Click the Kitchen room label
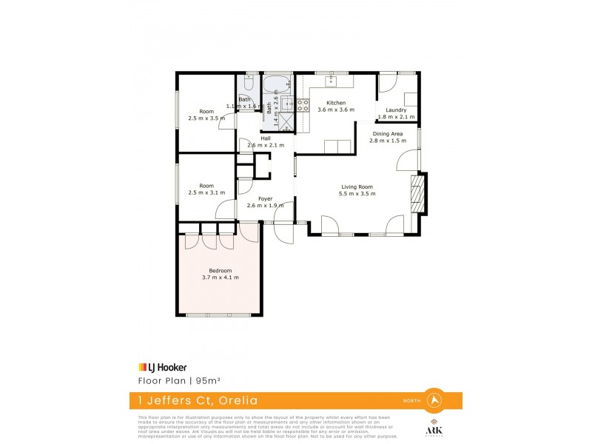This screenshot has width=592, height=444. [x=336, y=102]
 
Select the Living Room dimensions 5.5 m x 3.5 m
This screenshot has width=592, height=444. [x=357, y=194]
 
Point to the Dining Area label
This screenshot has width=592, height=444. [x=387, y=133]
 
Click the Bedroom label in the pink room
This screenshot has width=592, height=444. [x=220, y=270]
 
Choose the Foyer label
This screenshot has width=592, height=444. [x=265, y=198]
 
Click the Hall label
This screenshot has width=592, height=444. [x=265, y=138]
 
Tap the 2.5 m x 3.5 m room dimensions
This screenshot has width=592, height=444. [x=206, y=118]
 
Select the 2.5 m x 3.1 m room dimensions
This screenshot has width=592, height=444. [x=206, y=193]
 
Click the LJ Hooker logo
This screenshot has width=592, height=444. [x=163, y=366]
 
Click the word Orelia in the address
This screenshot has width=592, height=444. [x=235, y=400]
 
